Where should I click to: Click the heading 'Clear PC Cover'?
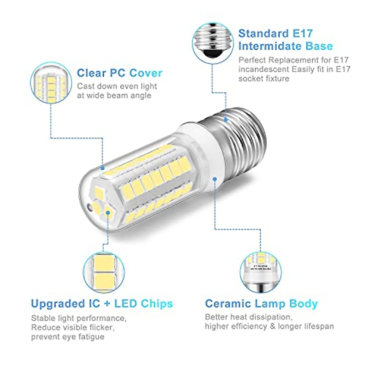120,73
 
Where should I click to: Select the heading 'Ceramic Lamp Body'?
261,304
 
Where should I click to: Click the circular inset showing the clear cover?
51,83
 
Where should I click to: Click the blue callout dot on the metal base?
226,120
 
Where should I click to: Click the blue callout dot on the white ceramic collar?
215,178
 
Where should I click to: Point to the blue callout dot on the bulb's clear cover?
102,167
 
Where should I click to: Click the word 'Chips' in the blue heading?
157,304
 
